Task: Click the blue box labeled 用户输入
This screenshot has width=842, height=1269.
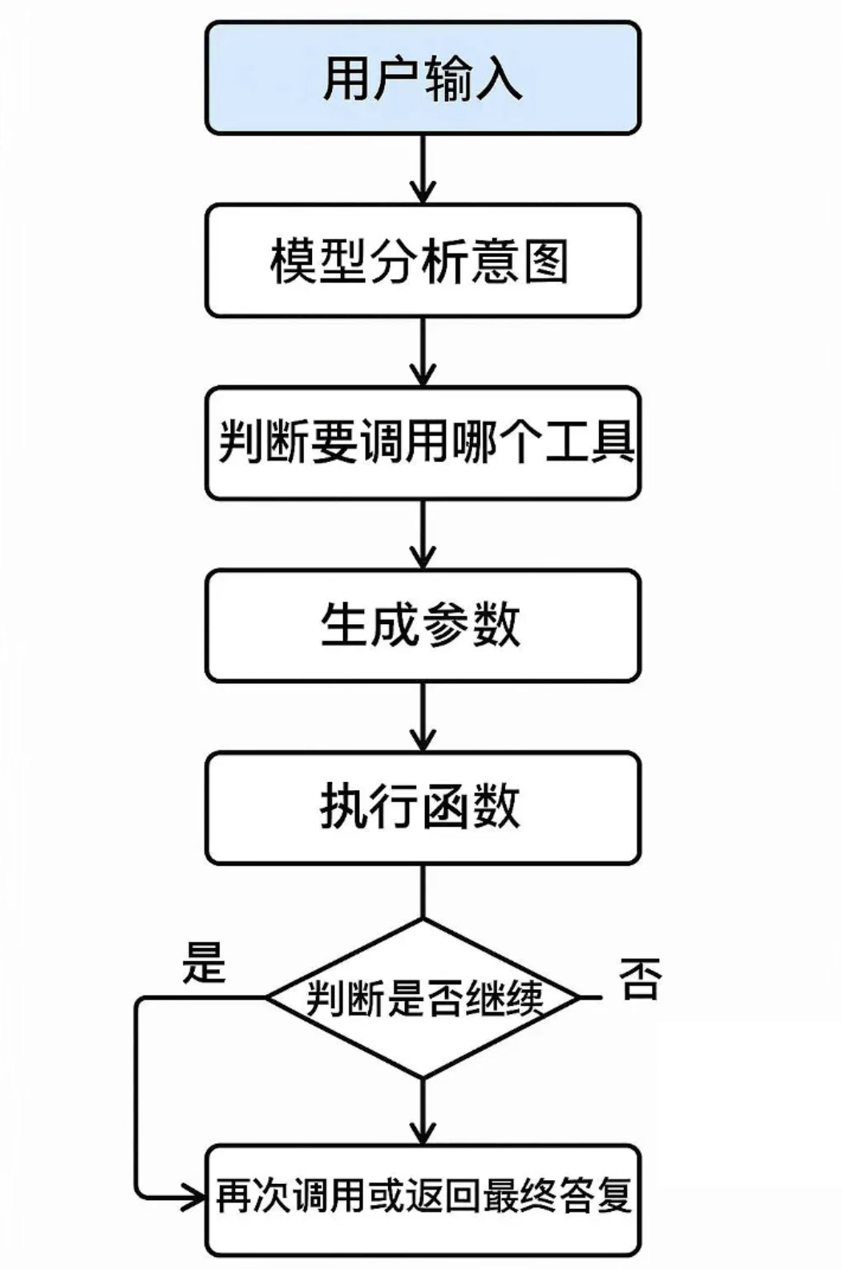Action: (x=423, y=78)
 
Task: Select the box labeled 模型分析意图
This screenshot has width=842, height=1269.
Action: (x=423, y=261)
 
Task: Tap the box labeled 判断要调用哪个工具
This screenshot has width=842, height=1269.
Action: (x=423, y=443)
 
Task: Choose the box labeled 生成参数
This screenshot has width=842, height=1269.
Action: (x=423, y=626)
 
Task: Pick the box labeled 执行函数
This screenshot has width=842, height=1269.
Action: (x=423, y=808)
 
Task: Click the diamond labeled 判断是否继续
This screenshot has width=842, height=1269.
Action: (x=423, y=998)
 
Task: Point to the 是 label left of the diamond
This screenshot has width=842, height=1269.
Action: (x=204, y=962)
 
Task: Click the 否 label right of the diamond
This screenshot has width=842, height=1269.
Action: (x=640, y=978)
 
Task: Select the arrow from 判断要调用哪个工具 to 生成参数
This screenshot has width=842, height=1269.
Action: (x=423, y=534)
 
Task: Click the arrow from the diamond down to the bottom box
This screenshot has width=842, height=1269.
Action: (x=423, y=1111)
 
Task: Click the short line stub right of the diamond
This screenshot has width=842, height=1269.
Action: (x=590, y=998)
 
